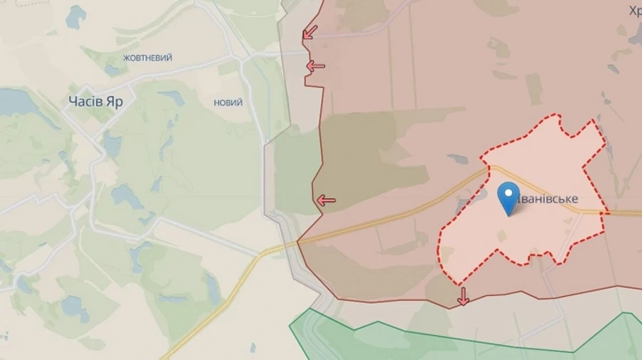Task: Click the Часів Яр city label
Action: click(x=96, y=101)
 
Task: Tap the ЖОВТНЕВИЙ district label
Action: click(x=148, y=58)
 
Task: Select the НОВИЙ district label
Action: click(x=228, y=103)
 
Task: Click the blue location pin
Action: click(x=508, y=197)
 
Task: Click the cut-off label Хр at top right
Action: click(x=635, y=10)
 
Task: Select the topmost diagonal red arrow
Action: click(x=310, y=32)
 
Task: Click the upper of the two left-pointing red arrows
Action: click(x=315, y=66)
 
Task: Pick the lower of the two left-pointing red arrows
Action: click(x=326, y=200)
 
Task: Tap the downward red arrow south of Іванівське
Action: click(x=464, y=296)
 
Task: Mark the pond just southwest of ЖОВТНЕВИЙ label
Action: click(x=113, y=70)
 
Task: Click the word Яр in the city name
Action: click(x=113, y=101)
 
